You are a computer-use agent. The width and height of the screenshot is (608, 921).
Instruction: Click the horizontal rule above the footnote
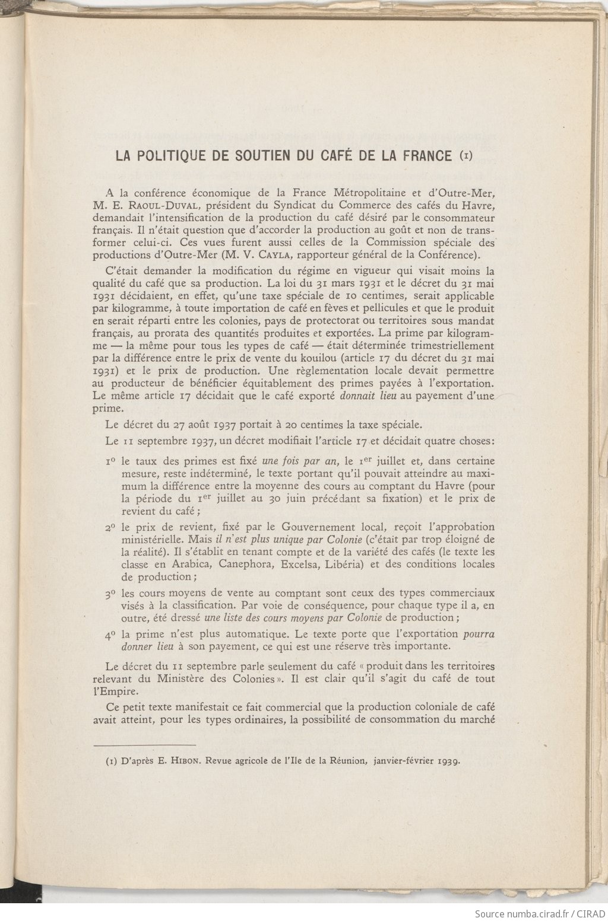pyautogui.click(x=145, y=744)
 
